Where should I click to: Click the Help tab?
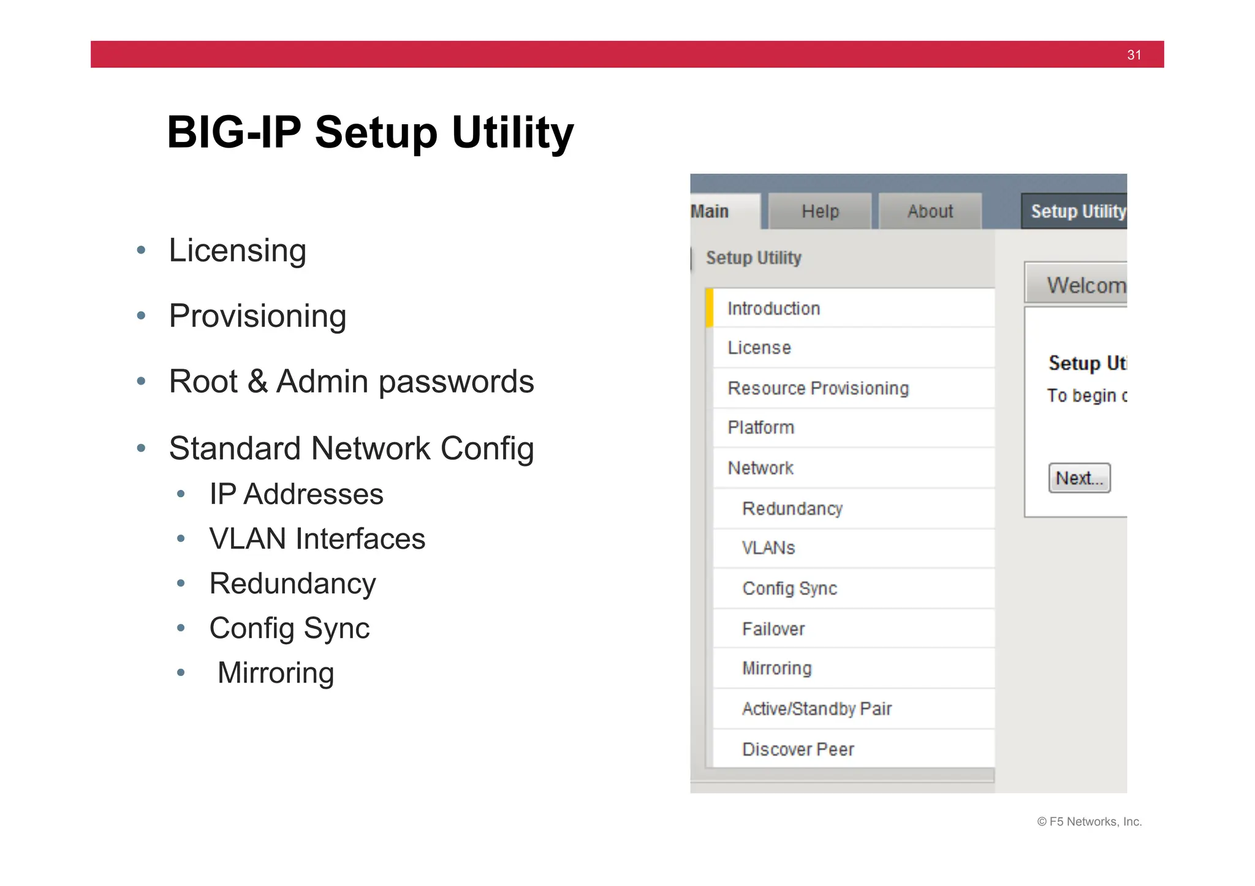point(820,211)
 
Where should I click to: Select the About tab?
point(930,211)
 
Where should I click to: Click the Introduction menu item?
point(773,309)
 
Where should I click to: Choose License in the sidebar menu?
point(759,348)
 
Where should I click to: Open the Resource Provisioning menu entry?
point(818,388)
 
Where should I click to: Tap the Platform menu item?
point(760,427)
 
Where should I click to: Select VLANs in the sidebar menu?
point(768,548)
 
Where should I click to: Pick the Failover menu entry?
point(773,629)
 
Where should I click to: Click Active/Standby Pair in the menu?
point(817,709)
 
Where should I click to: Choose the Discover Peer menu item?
point(798,749)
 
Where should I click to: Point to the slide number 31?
point(1134,55)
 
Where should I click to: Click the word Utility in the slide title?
point(512,132)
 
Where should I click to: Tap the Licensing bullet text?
point(237,250)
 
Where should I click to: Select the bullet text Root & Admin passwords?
point(351,381)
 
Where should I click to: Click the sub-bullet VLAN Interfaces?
point(317,539)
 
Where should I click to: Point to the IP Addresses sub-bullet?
point(296,494)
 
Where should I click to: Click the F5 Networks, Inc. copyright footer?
point(1089,822)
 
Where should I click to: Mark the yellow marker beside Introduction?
point(710,308)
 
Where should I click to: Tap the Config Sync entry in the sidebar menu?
point(789,588)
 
